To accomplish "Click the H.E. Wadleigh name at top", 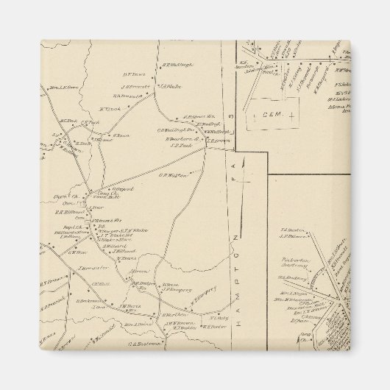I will point(177,65).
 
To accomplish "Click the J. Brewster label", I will point(85,268).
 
